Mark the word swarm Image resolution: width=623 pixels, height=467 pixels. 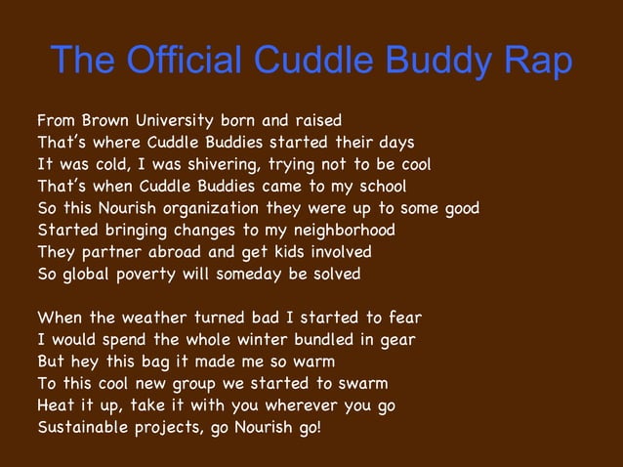point(361,382)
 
